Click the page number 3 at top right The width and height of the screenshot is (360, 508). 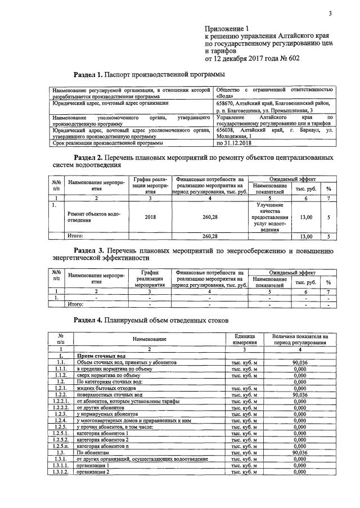click(330, 14)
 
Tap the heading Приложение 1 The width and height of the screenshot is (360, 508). click(227, 28)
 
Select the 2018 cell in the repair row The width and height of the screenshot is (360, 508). click(150, 217)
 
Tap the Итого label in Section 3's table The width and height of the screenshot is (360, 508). click(75, 304)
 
